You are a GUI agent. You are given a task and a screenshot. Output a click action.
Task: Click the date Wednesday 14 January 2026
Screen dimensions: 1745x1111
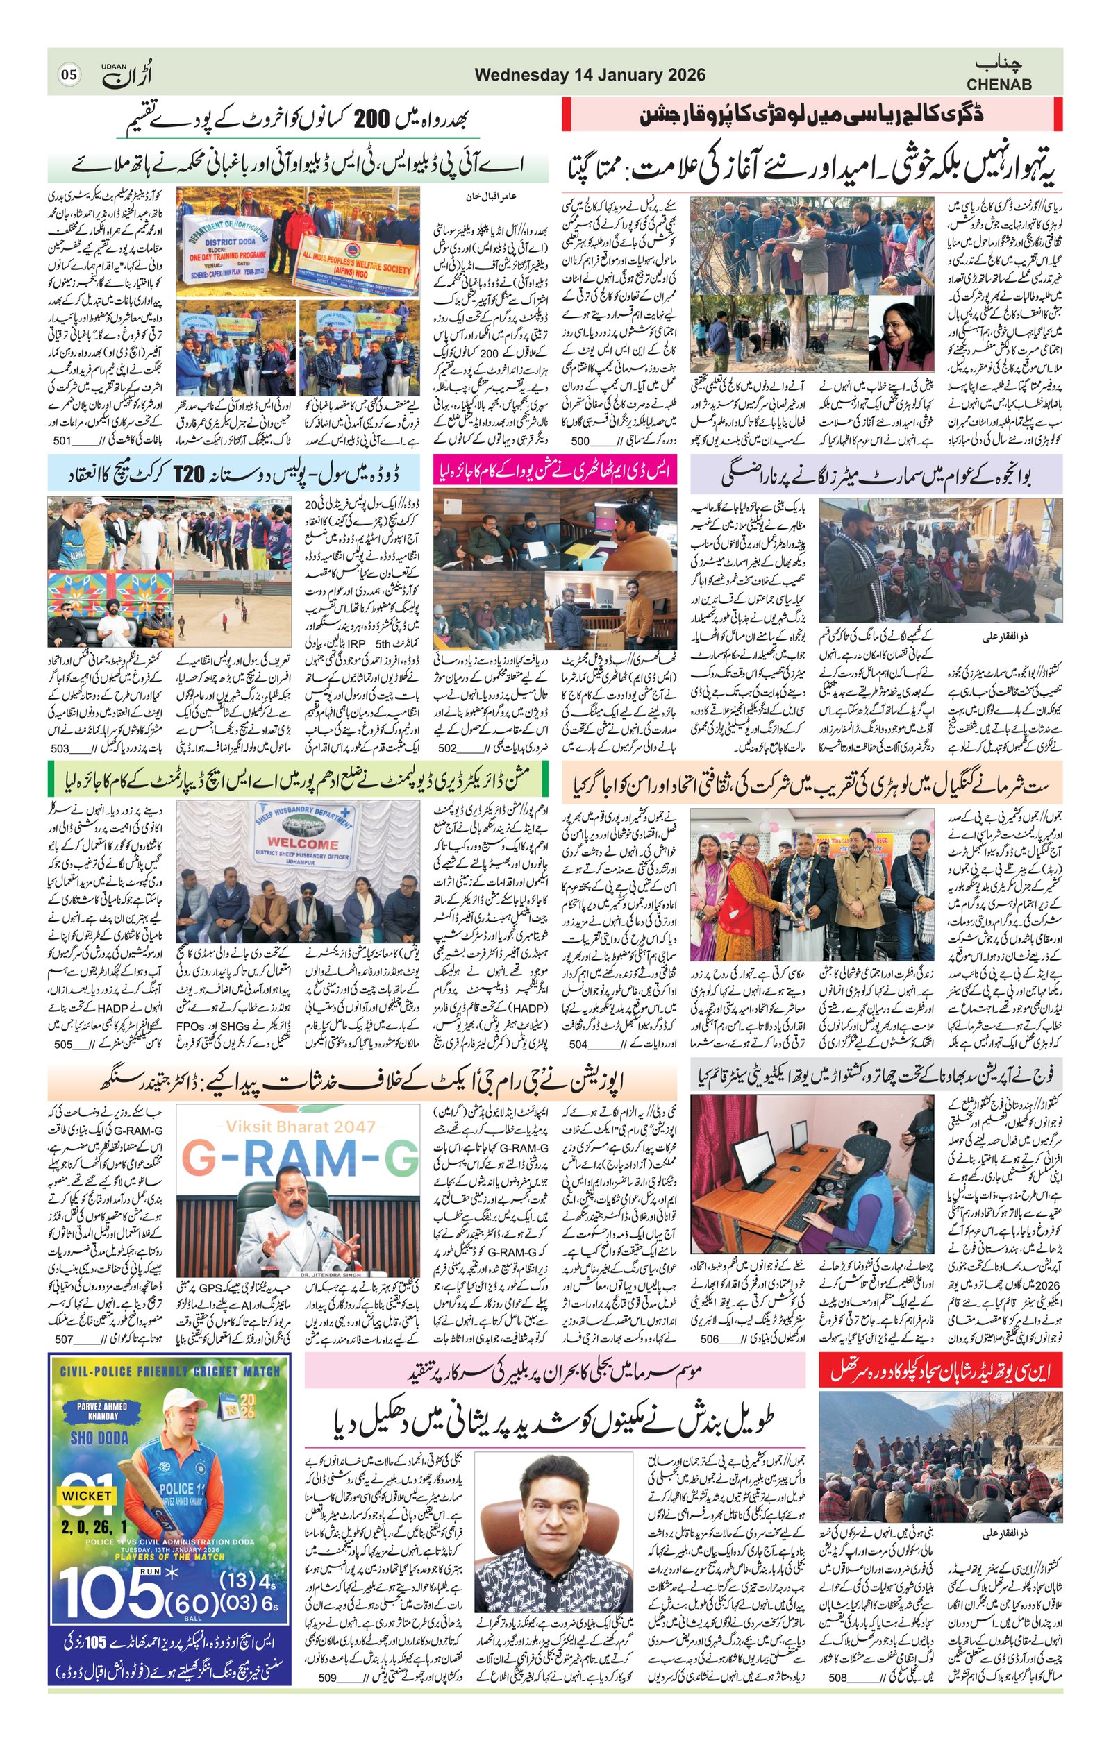[590, 76]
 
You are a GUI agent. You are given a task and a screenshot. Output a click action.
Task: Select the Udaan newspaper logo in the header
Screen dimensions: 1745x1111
[126, 74]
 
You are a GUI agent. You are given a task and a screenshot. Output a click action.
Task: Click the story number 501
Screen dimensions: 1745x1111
[62, 441]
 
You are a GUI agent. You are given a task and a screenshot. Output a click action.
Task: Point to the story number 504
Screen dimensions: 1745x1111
[578, 1044]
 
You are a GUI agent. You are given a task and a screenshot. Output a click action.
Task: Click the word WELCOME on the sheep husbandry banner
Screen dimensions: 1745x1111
[302, 844]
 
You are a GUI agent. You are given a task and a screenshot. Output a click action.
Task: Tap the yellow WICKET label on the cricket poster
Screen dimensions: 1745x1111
[86, 1495]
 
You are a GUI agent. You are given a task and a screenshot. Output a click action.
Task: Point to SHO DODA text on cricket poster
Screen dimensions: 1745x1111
[99, 1438]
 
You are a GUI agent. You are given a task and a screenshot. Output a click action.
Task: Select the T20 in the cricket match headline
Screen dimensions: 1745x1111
[189, 475]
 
